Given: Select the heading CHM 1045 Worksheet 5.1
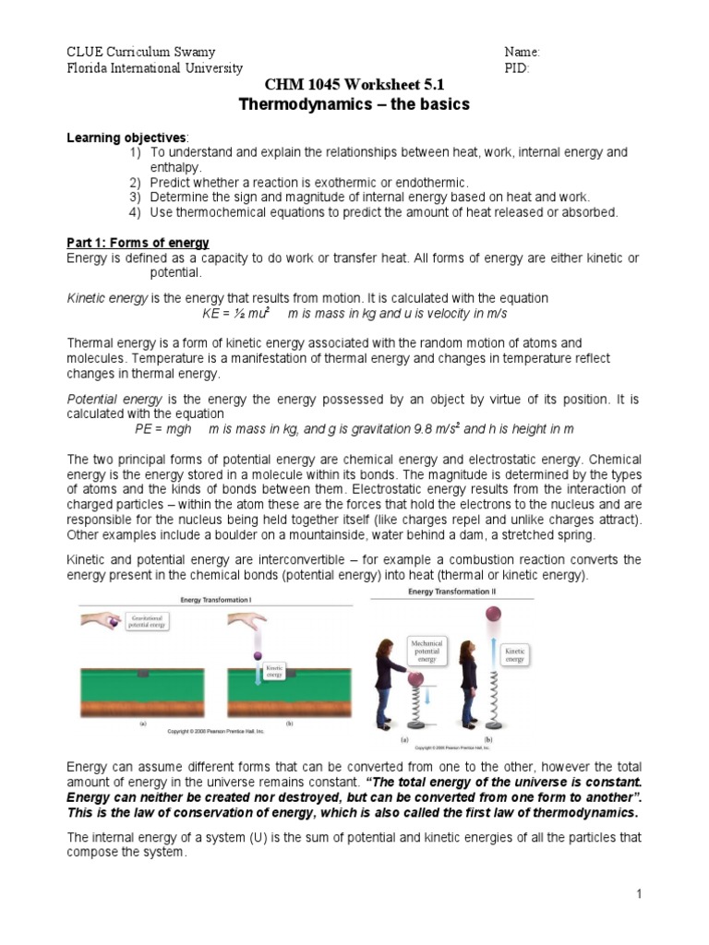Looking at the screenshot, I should pyautogui.click(x=354, y=85).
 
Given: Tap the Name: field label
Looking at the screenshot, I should pyautogui.click(x=522, y=52).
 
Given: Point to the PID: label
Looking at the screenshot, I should pyautogui.click(x=517, y=68).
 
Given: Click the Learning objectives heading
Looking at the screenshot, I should pyautogui.click(x=126, y=138).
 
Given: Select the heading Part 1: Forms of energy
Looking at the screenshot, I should pyautogui.click(x=138, y=243).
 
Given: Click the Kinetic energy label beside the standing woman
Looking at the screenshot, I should pyautogui.click(x=514, y=655).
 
